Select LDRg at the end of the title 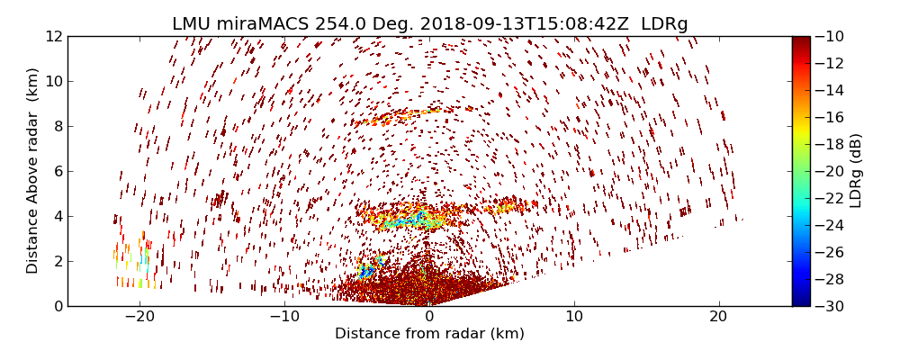coord(664,24)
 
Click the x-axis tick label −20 coord(139,317)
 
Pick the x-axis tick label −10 coord(284,317)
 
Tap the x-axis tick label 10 coord(574,317)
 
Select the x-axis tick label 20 coord(718,317)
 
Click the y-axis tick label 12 coord(53,37)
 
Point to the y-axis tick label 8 coord(57,127)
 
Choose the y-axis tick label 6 coord(57,172)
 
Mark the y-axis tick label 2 coord(57,262)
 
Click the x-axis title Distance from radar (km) coord(429,334)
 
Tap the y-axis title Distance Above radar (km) coord(33,171)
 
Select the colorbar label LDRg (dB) coord(856,171)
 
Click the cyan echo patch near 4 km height coord(410,219)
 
